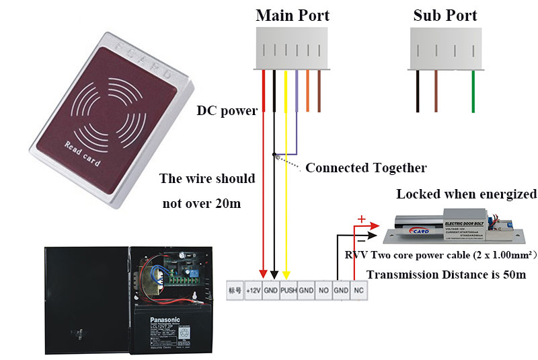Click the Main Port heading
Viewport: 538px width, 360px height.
click(x=293, y=15)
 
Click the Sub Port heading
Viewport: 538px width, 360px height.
click(x=446, y=15)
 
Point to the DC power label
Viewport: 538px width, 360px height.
click(x=227, y=110)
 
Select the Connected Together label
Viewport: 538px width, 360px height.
click(x=366, y=167)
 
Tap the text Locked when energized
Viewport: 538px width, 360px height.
click(x=466, y=194)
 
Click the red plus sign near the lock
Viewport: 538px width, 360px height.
click(x=361, y=219)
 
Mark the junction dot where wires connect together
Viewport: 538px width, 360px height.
click(x=274, y=153)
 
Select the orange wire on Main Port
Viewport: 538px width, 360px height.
click(x=307, y=90)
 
